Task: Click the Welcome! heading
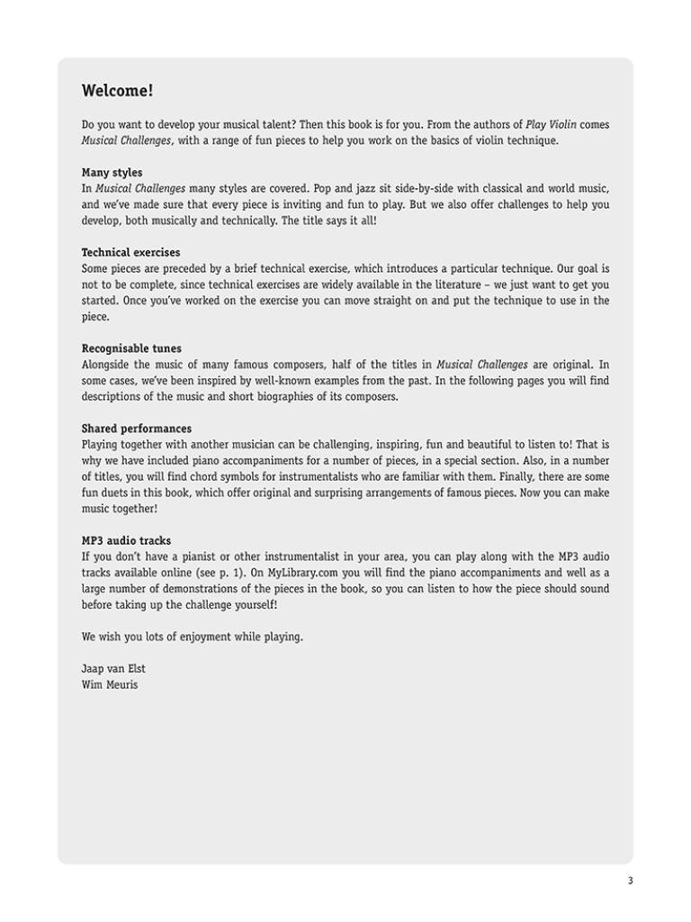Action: [x=117, y=91]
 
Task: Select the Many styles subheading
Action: [x=112, y=172]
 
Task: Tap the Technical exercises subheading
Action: [x=130, y=253]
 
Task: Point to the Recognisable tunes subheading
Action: [x=131, y=348]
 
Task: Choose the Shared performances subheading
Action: [x=136, y=429]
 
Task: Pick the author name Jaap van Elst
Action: [x=112, y=669]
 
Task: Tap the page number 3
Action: [x=630, y=881]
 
